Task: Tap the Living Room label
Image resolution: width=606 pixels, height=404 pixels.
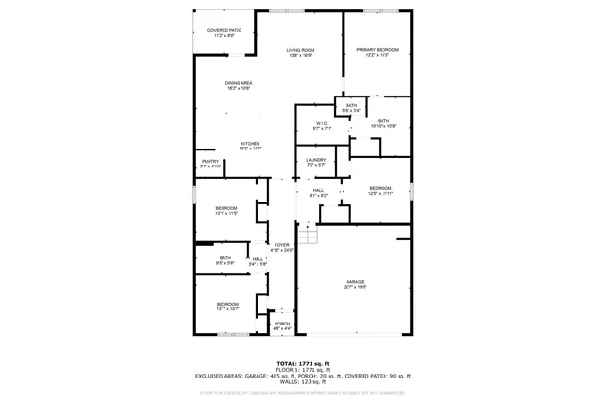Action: (300, 53)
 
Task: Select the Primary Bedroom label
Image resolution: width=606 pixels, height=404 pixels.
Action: (377, 52)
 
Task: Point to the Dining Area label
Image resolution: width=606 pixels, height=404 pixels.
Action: (239, 86)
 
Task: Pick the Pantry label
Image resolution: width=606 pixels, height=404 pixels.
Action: (210, 164)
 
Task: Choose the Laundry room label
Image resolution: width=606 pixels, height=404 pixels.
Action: (315, 162)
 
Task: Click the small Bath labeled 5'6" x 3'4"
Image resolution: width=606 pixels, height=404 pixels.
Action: (351, 107)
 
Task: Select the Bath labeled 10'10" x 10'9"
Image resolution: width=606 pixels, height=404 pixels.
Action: (383, 123)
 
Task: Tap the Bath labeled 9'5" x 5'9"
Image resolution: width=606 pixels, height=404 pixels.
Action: (225, 260)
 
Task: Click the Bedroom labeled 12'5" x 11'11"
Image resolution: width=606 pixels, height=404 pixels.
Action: (380, 190)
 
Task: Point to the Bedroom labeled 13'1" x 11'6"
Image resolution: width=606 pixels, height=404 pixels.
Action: (225, 210)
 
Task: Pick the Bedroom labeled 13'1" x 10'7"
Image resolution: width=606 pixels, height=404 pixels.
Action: (226, 306)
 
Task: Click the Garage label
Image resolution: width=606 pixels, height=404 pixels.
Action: (354, 284)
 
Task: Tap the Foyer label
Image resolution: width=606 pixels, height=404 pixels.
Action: (281, 247)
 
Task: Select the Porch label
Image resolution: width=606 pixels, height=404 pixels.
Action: (281, 325)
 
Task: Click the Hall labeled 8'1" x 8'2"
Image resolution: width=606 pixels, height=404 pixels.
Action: (319, 193)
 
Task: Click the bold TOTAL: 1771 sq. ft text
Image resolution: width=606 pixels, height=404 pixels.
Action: (302, 363)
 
